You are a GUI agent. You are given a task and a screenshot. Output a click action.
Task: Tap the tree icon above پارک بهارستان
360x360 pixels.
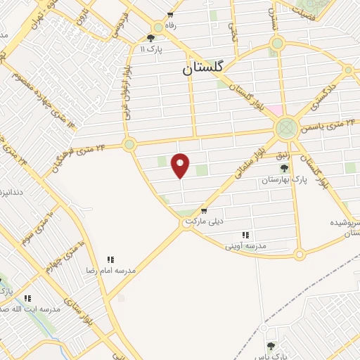tap(284, 169)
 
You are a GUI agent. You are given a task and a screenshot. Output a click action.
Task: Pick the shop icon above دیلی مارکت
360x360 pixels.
tap(203, 210)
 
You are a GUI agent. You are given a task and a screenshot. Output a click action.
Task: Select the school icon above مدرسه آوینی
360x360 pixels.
tap(245, 235)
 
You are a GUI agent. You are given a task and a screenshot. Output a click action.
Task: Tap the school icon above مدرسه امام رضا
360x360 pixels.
tap(111, 259)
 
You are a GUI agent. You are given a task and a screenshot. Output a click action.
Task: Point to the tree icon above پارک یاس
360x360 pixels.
tap(271, 345)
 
